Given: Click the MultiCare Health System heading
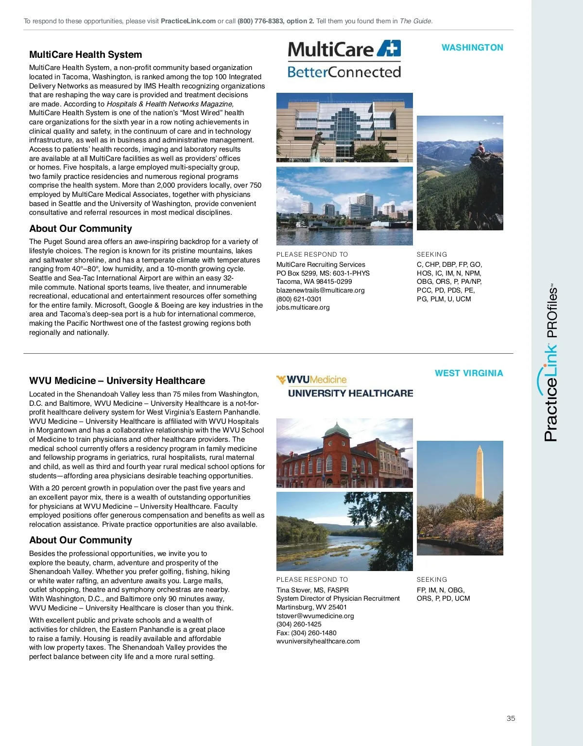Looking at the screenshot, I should pyautogui.click(x=86, y=55).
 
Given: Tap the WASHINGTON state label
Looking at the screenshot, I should pyautogui.click(x=472, y=48).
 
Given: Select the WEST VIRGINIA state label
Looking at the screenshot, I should pyautogui.click(x=469, y=373).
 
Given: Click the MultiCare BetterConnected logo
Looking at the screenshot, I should pyautogui.click(x=344, y=60).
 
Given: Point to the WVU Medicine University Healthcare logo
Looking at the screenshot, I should pyautogui.click(x=344, y=387).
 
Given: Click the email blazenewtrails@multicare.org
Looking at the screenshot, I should pyautogui.click(x=320, y=290).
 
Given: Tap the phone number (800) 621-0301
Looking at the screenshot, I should pyautogui.click(x=299, y=299).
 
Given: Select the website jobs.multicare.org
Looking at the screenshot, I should pyautogui.click(x=303, y=307).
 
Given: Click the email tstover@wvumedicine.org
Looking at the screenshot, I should pyautogui.click(x=315, y=616).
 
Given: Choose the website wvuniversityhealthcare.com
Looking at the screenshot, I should pyautogui.click(x=318, y=641).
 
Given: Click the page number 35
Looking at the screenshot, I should pyautogui.click(x=511, y=718).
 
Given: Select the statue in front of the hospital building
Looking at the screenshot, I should pyautogui.click(x=317, y=144).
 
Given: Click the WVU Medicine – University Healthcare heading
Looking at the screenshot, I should pyautogui.click(x=117, y=381).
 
